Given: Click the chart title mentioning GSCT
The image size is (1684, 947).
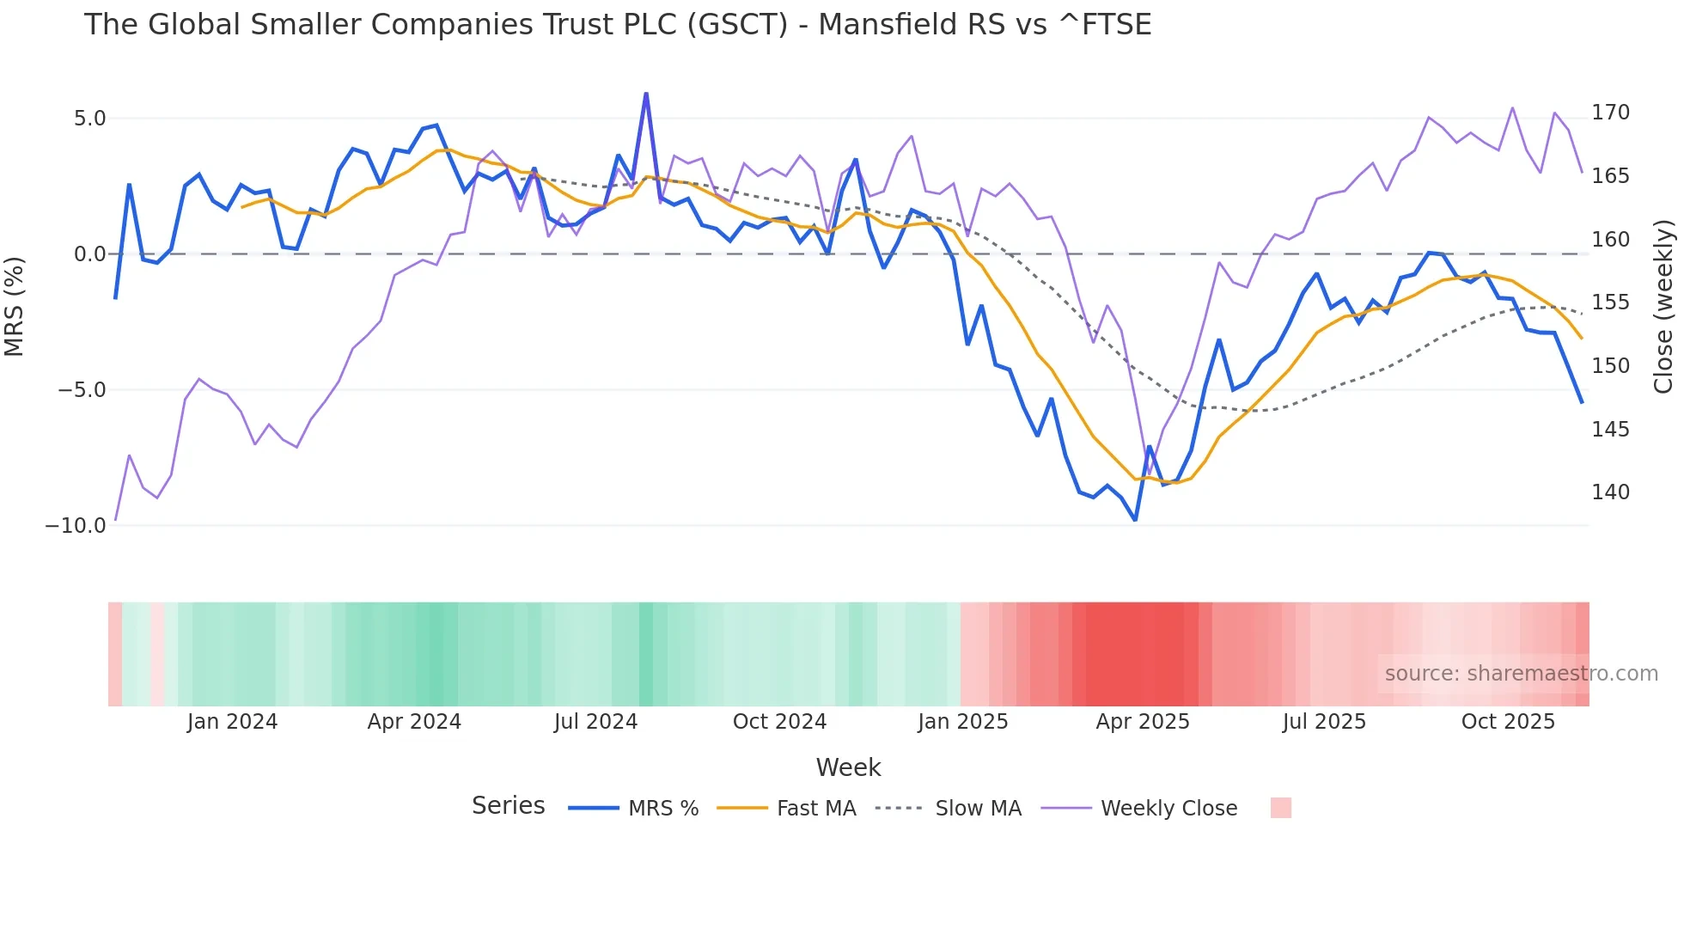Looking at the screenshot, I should tap(617, 25).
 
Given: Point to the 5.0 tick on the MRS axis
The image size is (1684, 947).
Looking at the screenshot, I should tap(89, 119).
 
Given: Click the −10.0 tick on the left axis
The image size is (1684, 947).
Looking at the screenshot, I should tap(76, 525).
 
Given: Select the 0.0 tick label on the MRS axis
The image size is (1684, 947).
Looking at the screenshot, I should tap(89, 254).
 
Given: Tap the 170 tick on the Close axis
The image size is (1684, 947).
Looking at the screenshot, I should tap(1610, 113).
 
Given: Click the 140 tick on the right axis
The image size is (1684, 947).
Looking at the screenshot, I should tap(1610, 492).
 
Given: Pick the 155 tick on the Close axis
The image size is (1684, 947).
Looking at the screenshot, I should tap(1610, 302).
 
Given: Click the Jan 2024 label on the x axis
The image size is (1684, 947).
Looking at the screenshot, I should tap(232, 722).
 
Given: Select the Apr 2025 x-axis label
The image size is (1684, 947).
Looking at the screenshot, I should tap(1142, 722).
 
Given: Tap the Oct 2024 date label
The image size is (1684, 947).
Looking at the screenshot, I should tap(779, 722).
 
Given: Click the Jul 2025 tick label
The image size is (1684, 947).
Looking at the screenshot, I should tap(1324, 722).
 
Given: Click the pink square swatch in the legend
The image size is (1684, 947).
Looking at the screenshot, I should tap(1280, 808).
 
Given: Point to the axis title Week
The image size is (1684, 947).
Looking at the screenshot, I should tap(848, 767).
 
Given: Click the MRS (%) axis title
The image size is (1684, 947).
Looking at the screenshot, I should tap(15, 306).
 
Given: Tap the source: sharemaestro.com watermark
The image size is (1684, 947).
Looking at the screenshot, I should tap(1521, 674).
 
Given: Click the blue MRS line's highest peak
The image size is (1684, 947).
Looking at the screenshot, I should tap(646, 94).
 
